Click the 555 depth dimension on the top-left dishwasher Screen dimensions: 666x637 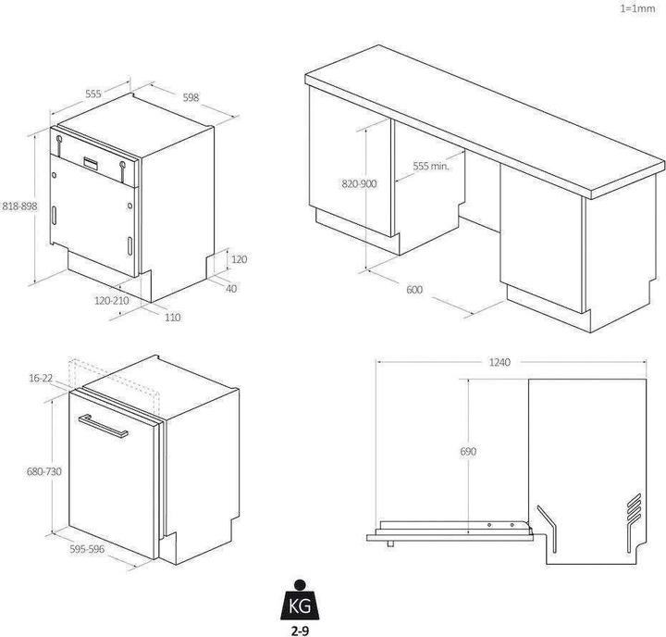pyautogui.click(x=93, y=94)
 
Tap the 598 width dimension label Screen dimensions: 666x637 pyautogui.click(x=191, y=97)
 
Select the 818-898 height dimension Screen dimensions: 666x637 pyautogui.click(x=19, y=206)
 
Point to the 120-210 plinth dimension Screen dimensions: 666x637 pyautogui.click(x=111, y=301)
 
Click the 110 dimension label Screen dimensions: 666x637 pyautogui.click(x=172, y=318)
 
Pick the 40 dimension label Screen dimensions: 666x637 pyautogui.click(x=231, y=289)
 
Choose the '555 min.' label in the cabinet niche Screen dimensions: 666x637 pyautogui.click(x=431, y=166)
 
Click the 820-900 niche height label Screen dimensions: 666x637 pyautogui.click(x=359, y=184)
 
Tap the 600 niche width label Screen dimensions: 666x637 pyautogui.click(x=414, y=290)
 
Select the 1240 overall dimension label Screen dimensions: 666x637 pyautogui.click(x=499, y=362)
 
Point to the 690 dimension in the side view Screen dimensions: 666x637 pyautogui.click(x=468, y=451)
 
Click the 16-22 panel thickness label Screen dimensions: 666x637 pyautogui.click(x=41, y=378)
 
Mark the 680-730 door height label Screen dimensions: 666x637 pyautogui.click(x=44, y=471)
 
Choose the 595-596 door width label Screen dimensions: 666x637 pyautogui.click(x=87, y=549)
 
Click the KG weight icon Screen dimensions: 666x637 pyautogui.click(x=300, y=600)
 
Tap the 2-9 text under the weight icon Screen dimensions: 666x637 pyautogui.click(x=300, y=631)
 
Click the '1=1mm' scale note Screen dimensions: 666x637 pyautogui.click(x=637, y=8)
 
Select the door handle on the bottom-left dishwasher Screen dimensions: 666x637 pyautogui.click(x=104, y=425)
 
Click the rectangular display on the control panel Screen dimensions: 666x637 pyautogui.click(x=91, y=162)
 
